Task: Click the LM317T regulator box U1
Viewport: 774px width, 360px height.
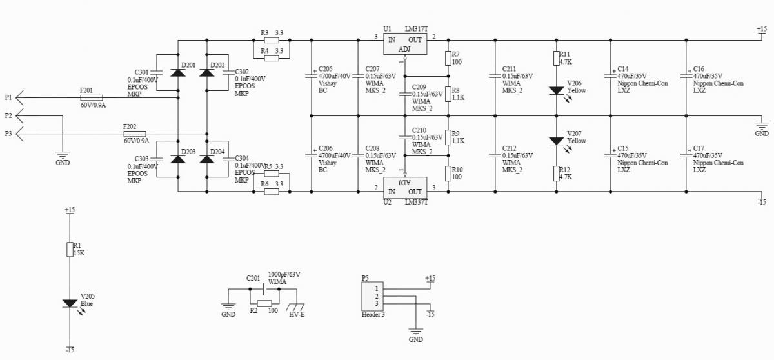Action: (405, 44)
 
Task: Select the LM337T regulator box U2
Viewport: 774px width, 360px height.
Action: (405, 188)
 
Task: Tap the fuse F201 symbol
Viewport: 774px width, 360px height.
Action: (91, 98)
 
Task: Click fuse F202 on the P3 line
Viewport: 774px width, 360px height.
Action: (134, 134)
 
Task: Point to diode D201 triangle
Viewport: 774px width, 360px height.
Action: (178, 72)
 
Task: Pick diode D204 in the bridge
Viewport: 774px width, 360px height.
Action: (206, 159)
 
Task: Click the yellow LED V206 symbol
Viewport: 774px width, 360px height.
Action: (556, 90)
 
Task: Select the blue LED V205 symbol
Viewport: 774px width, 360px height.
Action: (70, 303)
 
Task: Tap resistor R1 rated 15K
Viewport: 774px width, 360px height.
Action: (70, 250)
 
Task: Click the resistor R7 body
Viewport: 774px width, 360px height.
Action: (448, 59)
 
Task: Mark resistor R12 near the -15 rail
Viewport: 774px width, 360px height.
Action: (556, 174)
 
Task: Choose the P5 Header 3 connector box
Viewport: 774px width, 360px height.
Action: (373, 296)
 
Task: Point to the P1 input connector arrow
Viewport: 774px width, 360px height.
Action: (19, 98)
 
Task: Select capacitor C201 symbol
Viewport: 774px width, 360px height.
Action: (264, 289)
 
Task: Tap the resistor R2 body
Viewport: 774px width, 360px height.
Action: (264, 303)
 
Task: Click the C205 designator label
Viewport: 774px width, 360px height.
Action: (326, 69)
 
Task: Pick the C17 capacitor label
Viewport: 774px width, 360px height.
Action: (699, 148)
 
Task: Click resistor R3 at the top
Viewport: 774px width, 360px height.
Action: (272, 40)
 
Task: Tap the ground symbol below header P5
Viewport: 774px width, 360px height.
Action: (415, 332)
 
